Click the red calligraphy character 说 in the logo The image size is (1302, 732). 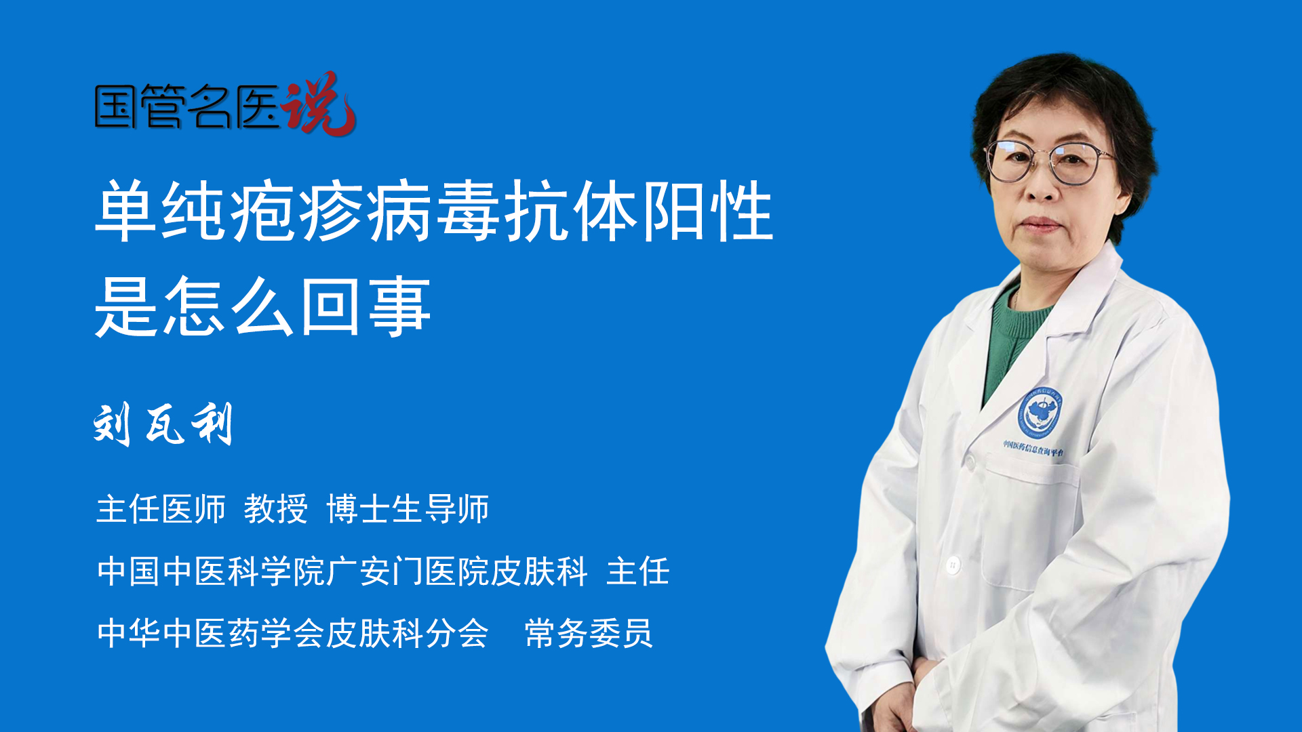click(319, 103)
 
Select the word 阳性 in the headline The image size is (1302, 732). click(708, 211)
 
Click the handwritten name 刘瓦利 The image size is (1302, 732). click(163, 424)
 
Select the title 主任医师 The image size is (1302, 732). click(161, 508)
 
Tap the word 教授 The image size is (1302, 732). click(276, 508)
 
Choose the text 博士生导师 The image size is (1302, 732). click(408, 508)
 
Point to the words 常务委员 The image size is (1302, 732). click(589, 633)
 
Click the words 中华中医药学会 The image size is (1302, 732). click(210, 633)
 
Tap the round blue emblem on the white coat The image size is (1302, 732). click(1039, 412)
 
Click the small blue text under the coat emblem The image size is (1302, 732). click(1033, 448)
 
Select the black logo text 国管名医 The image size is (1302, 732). click(187, 106)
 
